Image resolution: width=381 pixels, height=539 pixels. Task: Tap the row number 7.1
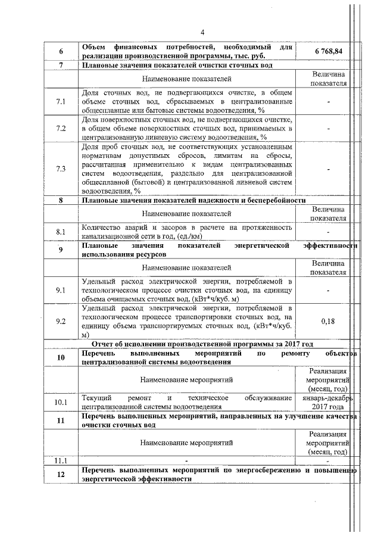tap(61, 102)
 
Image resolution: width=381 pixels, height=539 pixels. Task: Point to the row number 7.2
tap(61, 128)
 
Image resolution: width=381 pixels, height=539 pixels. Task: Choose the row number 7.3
tap(61, 169)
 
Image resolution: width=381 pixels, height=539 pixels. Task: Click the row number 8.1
tap(61, 231)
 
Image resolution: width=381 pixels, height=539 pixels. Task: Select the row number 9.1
tap(61, 289)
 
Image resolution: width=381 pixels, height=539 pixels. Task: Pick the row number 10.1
tap(61, 402)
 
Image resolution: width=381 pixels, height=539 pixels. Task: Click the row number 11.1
tap(61, 460)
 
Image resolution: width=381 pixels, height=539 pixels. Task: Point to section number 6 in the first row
tap(61, 51)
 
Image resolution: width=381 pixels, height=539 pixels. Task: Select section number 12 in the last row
tap(61, 474)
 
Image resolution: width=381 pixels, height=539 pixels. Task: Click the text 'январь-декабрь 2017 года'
tap(328, 402)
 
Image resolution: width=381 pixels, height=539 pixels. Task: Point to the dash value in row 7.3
tap(328, 169)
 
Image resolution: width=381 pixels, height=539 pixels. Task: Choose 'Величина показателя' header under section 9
tap(328, 267)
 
